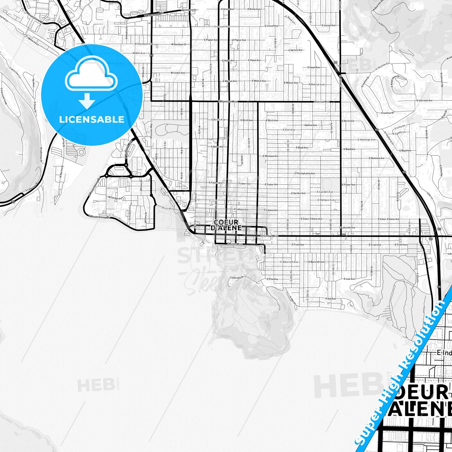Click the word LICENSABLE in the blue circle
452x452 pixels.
(92, 119)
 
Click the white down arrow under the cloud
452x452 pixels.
(87, 101)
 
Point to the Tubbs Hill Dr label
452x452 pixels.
(236, 278)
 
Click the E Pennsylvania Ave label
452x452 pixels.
(305, 173)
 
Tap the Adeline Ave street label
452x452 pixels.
(310, 125)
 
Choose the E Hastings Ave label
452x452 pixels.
(366, 140)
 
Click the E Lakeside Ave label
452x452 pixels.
(347, 228)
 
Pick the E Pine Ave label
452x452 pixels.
(272, 279)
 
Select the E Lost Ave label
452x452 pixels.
(349, 279)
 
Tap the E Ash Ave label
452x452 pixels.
(330, 299)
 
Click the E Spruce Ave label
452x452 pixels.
(296, 50)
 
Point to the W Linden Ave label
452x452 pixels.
(178, 73)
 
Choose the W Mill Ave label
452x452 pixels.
(139, 53)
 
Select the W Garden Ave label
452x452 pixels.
(115, 198)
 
